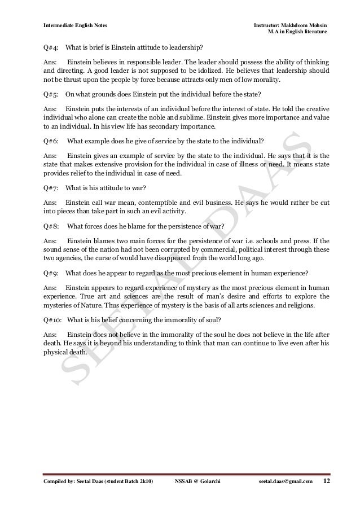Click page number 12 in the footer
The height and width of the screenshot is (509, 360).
click(326, 480)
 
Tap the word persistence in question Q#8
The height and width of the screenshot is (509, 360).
click(177, 227)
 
